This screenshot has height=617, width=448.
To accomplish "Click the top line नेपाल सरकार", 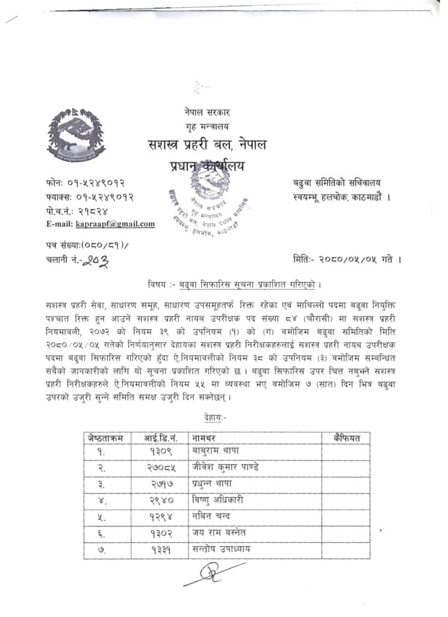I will [208, 112].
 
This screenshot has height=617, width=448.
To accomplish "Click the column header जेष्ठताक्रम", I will [105, 438].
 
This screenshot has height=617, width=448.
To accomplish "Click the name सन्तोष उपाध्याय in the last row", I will [222, 549].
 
